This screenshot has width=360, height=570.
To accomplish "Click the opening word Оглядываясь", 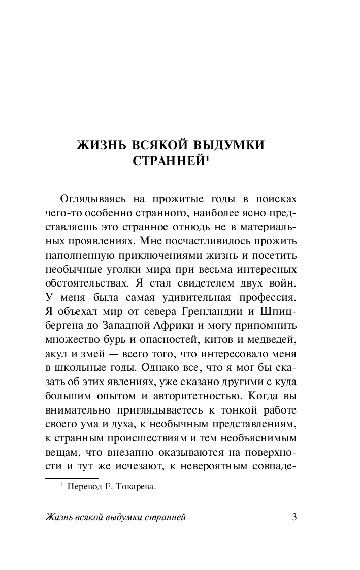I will click(92, 197).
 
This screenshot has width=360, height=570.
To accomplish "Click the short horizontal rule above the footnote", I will click(72, 478).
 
